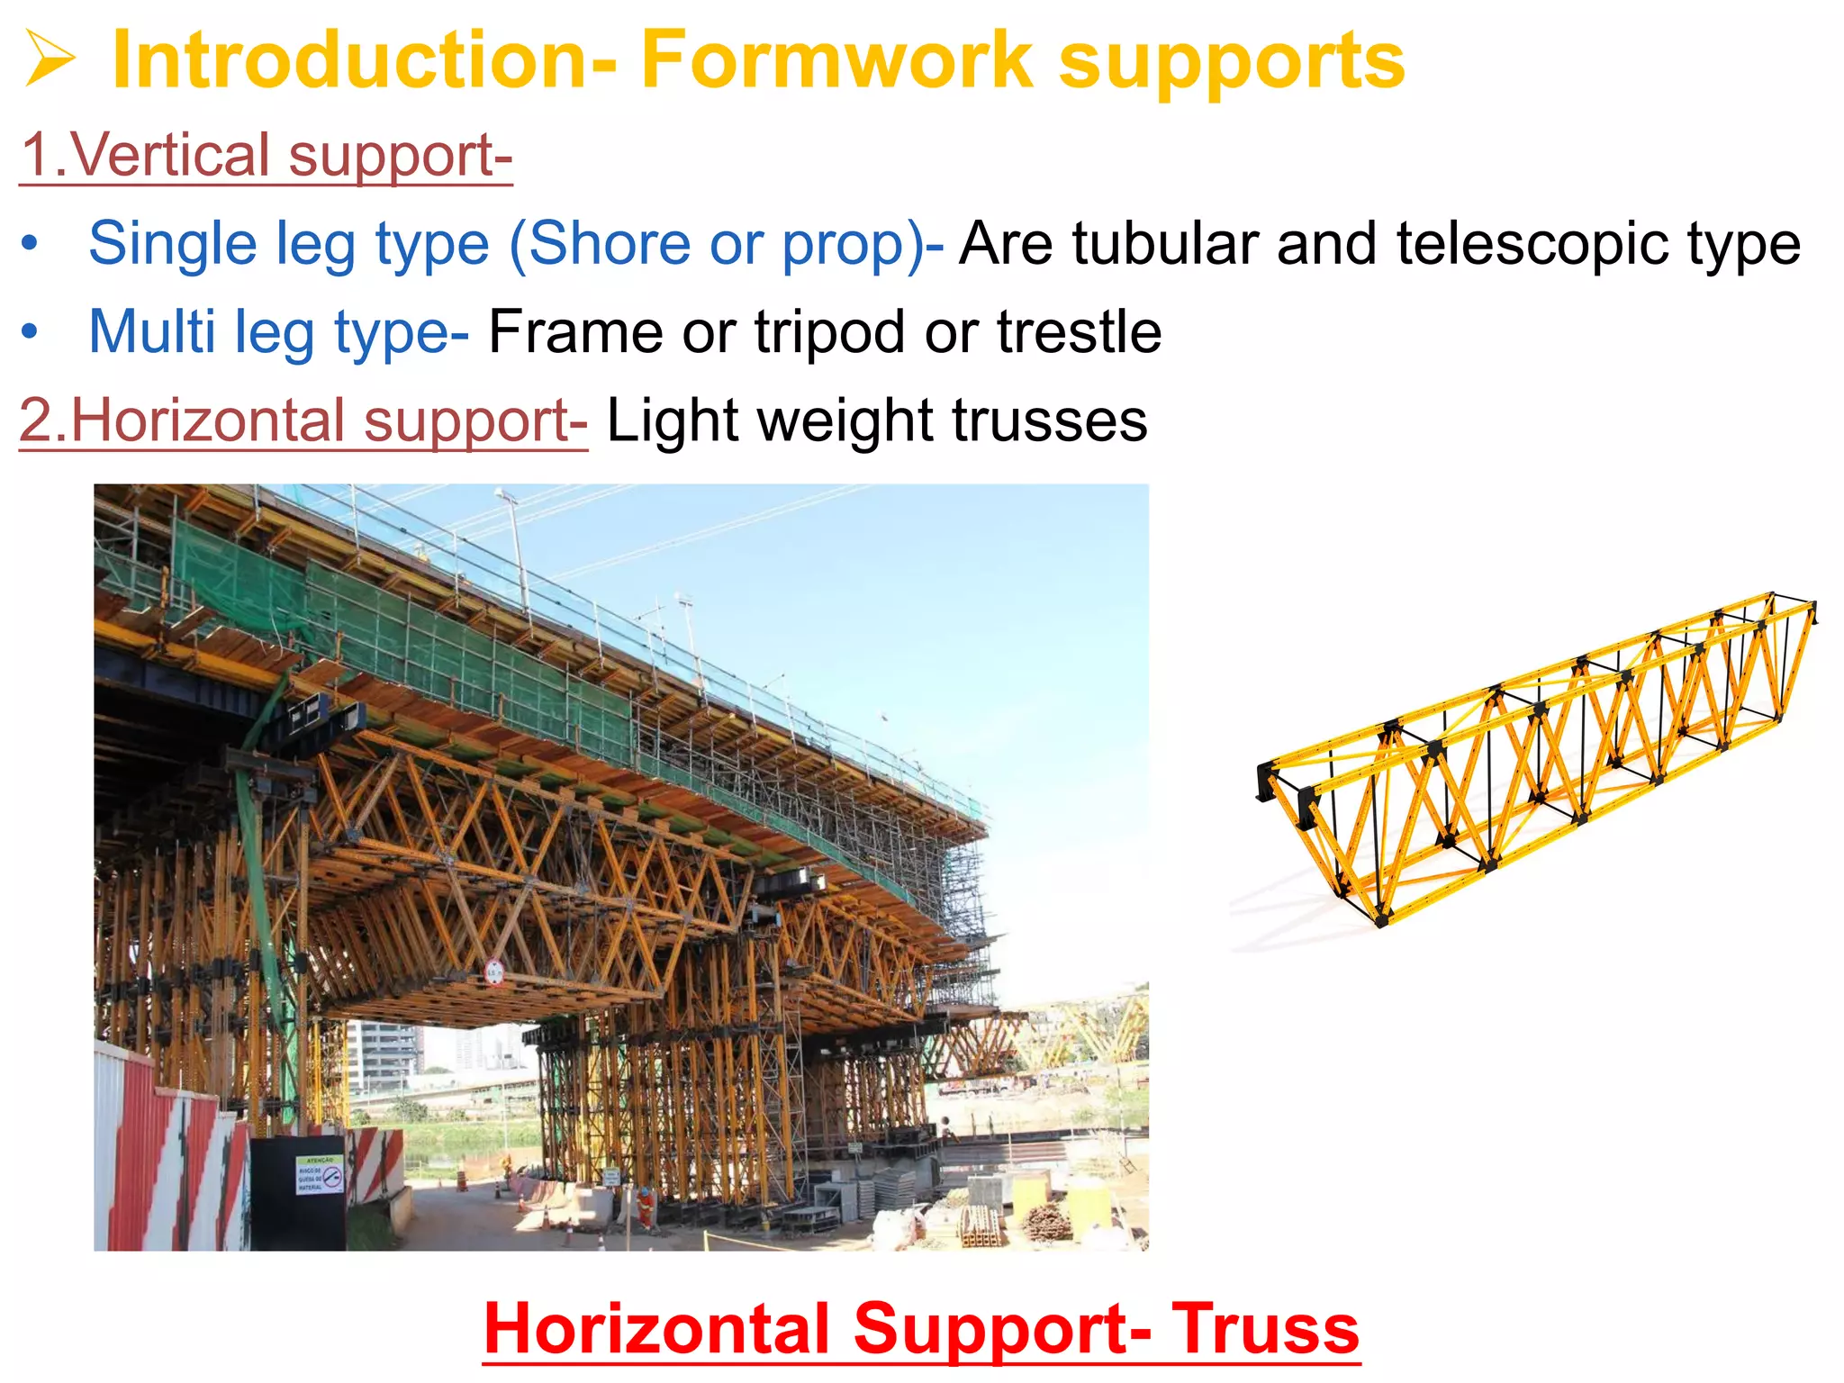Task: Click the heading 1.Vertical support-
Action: pyautogui.click(x=266, y=155)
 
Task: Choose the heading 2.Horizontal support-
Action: pyautogui.click(x=303, y=420)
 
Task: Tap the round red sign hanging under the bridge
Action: pyautogui.click(x=494, y=972)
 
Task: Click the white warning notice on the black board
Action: pyautogui.click(x=320, y=1175)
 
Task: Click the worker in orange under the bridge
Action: pyautogui.click(x=646, y=1207)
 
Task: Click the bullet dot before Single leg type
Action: pyautogui.click(x=30, y=245)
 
